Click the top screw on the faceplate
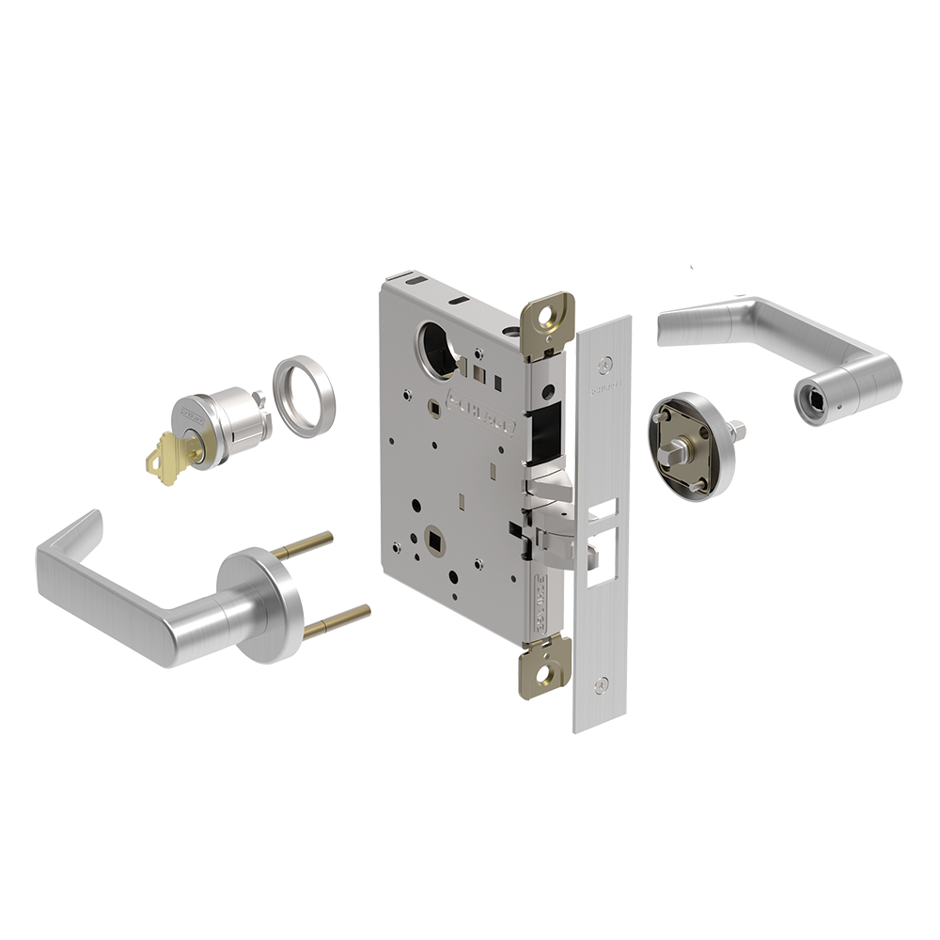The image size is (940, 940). pyautogui.click(x=606, y=361)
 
